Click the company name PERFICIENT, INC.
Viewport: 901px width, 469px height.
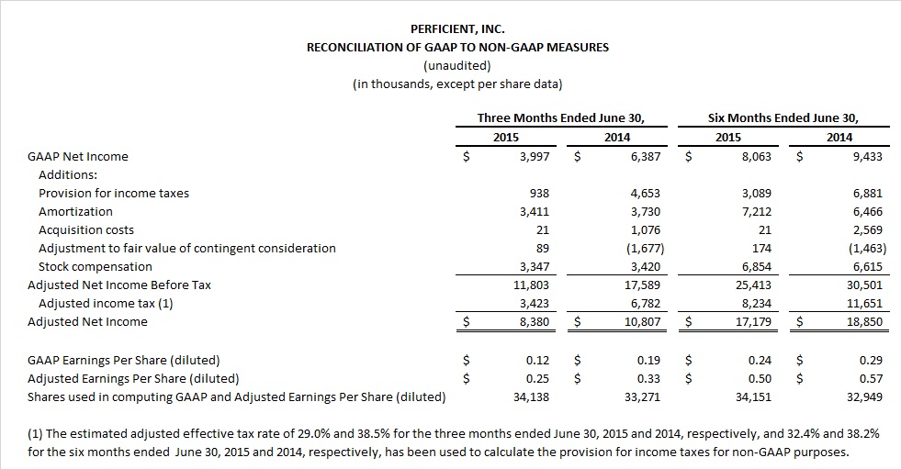pyautogui.click(x=457, y=28)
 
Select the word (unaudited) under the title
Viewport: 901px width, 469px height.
pyautogui.click(x=457, y=65)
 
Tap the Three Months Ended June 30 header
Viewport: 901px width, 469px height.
pyautogui.click(x=561, y=118)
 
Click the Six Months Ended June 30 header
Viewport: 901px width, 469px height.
pyautogui.click(x=783, y=118)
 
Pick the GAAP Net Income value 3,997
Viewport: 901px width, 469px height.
pyautogui.click(x=535, y=157)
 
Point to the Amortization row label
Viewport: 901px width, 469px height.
pyautogui.click(x=75, y=212)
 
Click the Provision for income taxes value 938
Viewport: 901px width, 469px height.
pyautogui.click(x=539, y=194)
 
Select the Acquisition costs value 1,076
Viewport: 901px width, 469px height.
pyautogui.click(x=646, y=230)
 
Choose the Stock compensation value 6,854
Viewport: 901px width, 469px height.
pyautogui.click(x=757, y=267)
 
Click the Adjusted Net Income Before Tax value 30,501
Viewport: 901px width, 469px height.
pyautogui.click(x=865, y=285)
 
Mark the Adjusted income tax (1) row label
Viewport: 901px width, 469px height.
pyautogui.click(x=106, y=304)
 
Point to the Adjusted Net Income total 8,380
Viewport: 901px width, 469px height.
pyautogui.click(x=535, y=322)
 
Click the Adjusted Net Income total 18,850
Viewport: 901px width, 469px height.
pyautogui.click(x=865, y=322)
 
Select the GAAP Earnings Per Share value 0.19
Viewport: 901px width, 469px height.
pyautogui.click(x=648, y=361)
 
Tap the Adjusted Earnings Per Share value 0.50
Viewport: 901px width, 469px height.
pyautogui.click(x=760, y=379)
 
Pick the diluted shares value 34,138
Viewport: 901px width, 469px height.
pyautogui.click(x=532, y=397)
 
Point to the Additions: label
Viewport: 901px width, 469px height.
pyautogui.click(x=68, y=175)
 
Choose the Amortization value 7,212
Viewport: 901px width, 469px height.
pyautogui.click(x=757, y=212)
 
